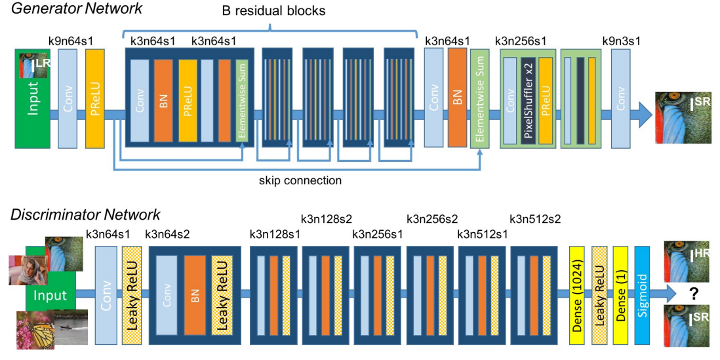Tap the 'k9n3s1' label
coord(621,41)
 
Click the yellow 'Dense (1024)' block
coord(577,296)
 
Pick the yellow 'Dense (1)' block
coord(620,296)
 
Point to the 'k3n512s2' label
coord(535,218)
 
